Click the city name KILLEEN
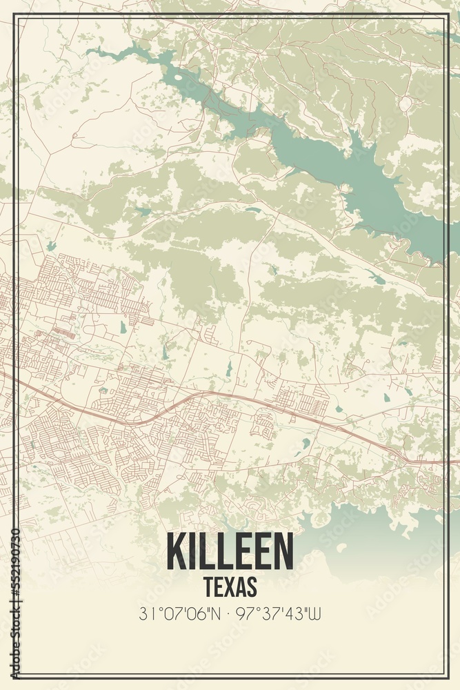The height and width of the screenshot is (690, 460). point(230,551)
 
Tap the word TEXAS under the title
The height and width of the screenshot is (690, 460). point(230,586)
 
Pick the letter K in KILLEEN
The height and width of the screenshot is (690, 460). point(176,551)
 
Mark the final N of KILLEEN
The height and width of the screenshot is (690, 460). point(283,551)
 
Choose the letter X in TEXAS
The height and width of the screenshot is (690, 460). point(231,586)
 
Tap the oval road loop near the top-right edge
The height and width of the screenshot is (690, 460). point(406,104)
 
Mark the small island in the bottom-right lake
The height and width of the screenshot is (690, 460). point(341,547)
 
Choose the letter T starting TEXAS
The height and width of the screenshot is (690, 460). point(208,586)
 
